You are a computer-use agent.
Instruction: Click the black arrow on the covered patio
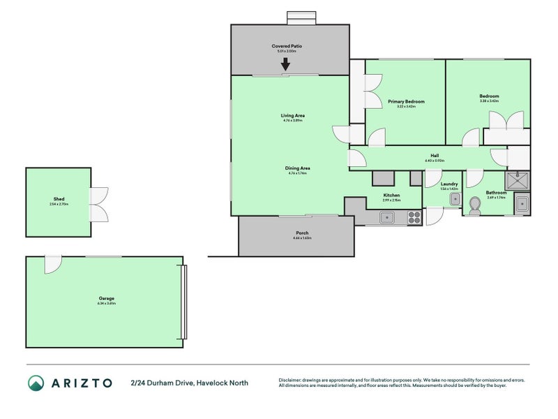point(285,64)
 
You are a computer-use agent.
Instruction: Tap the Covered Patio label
point(287,46)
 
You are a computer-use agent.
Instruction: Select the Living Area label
point(293,115)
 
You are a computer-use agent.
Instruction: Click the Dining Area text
point(297,168)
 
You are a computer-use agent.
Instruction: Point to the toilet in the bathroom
point(476,205)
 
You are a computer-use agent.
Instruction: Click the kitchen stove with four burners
point(414,218)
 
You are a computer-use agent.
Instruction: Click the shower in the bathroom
point(518,181)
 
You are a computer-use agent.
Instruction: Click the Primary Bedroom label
point(406,101)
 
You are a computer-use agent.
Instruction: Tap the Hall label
point(435,156)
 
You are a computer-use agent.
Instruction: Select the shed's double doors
point(99,204)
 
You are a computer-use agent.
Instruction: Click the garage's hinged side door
point(52,265)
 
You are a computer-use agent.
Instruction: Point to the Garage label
point(106,298)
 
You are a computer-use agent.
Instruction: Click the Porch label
point(302,233)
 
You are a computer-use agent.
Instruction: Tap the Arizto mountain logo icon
point(36,383)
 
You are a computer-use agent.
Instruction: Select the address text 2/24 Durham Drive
point(161,383)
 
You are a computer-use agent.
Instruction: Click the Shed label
point(59,199)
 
